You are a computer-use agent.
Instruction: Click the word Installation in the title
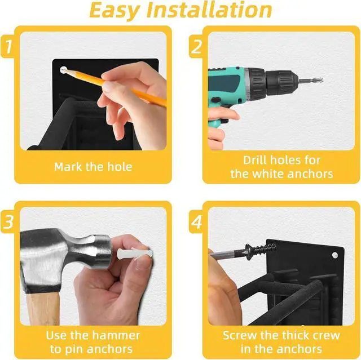tap(209, 10)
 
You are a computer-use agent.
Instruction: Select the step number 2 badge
tap(196, 47)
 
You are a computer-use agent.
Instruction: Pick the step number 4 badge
tap(196, 222)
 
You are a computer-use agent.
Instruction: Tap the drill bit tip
tap(322, 80)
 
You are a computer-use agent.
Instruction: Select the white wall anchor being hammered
tap(135, 253)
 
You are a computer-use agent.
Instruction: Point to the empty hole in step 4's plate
tap(334, 255)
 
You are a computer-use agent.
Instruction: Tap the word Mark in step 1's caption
tap(68, 167)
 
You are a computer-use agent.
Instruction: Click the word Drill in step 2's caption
tap(256, 160)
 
